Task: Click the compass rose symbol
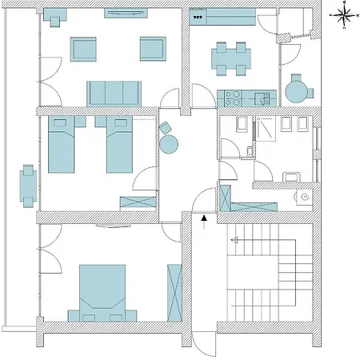coord(343,13)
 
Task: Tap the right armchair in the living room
coord(152,50)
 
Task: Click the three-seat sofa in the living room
coord(114,93)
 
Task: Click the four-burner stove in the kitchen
coord(234,98)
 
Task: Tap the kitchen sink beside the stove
coord(262,98)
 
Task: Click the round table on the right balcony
coord(297,88)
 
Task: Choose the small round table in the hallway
coord(169,144)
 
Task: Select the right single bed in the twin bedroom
coord(118,145)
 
